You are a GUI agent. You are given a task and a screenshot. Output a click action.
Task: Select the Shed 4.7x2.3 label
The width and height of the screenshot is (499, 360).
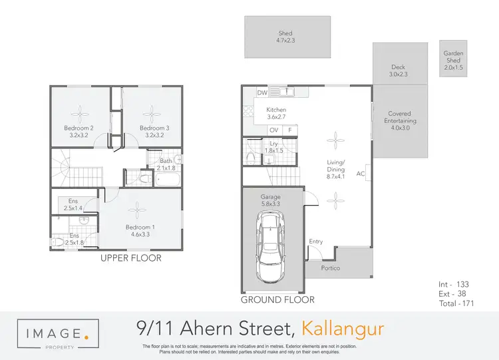pos(285,37)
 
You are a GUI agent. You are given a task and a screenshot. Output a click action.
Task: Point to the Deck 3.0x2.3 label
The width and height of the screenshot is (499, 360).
pos(398,71)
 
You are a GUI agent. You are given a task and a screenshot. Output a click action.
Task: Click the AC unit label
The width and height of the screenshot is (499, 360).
pos(361,174)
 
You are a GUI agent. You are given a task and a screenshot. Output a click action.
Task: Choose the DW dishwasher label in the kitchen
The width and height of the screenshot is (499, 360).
pos(262,93)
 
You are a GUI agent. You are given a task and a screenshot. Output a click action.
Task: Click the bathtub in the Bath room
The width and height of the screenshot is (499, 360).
pos(166,178)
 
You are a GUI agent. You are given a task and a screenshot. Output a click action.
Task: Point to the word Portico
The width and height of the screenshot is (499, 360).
pos(331,268)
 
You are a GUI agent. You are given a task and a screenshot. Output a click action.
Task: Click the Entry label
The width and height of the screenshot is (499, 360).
pos(316,242)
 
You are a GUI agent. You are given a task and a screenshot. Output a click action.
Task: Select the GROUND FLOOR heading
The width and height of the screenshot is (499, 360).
pos(277,299)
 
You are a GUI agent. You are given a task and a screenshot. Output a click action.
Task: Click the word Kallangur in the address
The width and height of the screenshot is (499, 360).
pos(343,329)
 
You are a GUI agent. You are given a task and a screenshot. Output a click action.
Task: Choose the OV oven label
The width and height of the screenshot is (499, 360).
pos(273,130)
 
